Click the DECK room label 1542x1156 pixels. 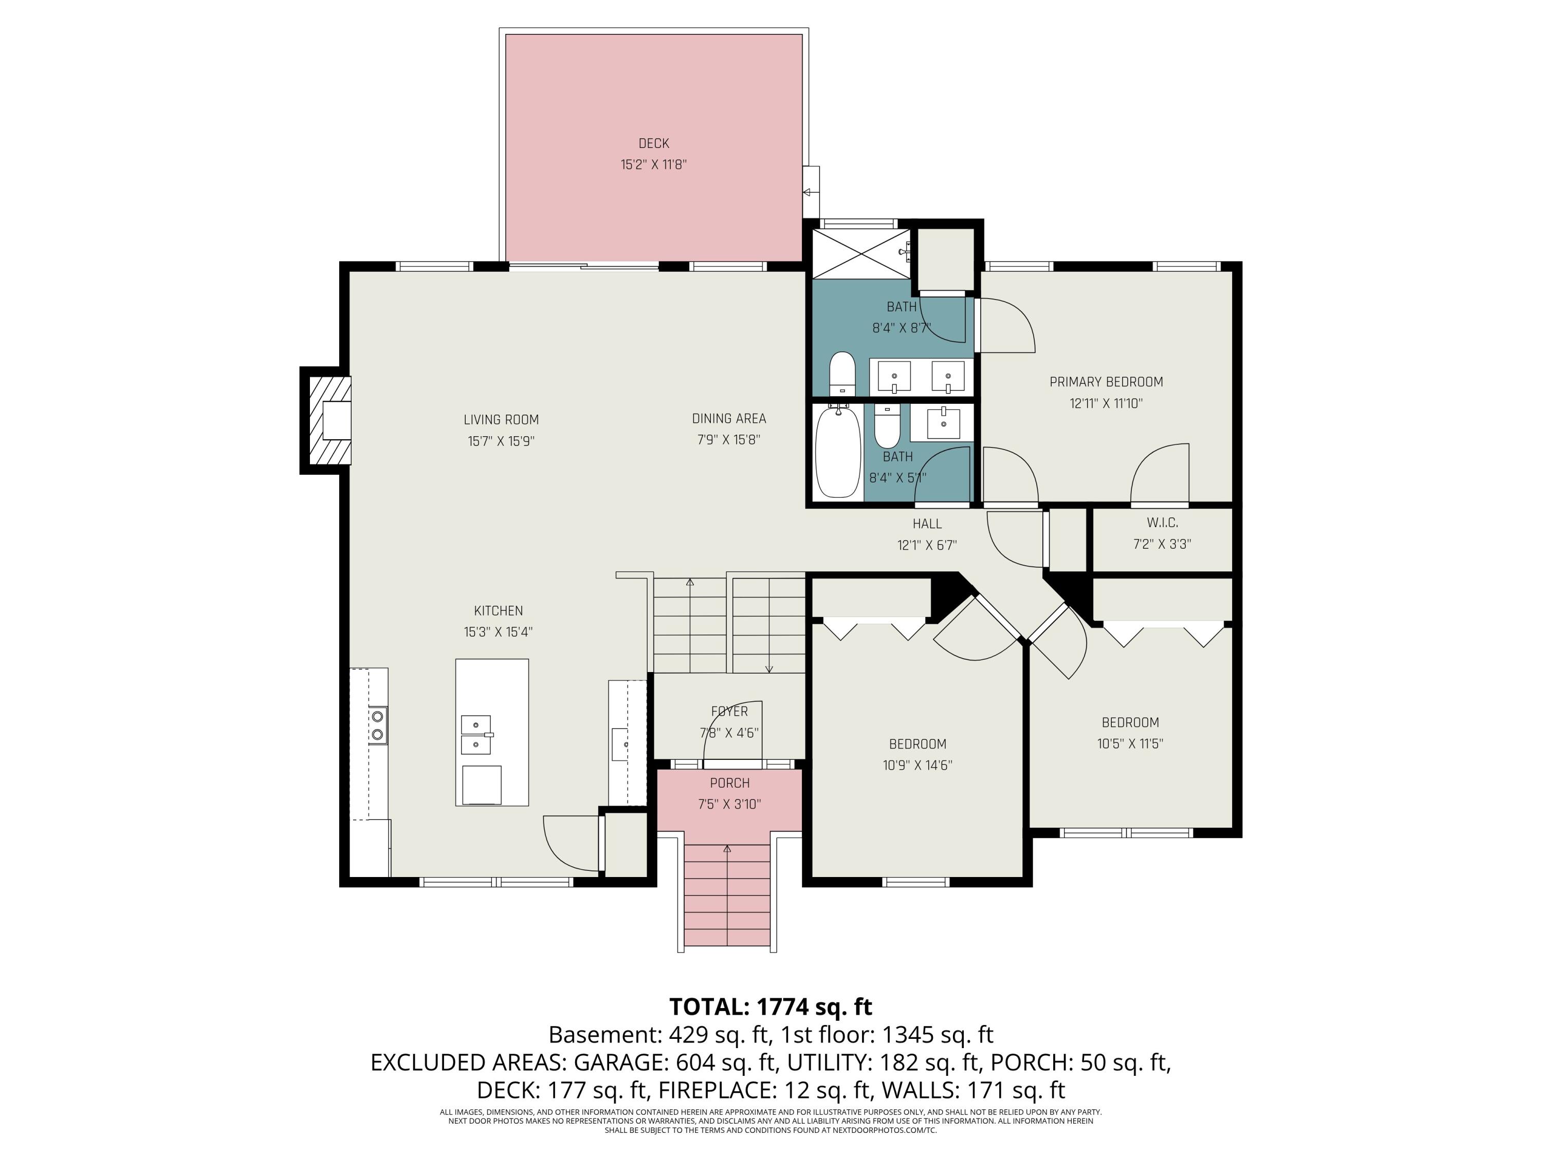(653, 143)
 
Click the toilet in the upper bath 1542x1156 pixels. (842, 374)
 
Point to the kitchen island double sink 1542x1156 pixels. (475, 734)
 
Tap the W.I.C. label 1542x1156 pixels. (1162, 523)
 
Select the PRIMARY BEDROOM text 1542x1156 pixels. (1106, 382)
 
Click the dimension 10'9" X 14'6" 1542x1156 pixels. (917, 765)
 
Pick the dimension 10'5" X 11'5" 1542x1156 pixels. (1130, 743)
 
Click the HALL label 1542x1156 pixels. (927, 524)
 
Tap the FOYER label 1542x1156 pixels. (729, 712)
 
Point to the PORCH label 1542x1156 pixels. (730, 783)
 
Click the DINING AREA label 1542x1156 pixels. (729, 419)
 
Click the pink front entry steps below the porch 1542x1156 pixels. (727, 896)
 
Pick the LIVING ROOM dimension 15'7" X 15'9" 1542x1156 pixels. (501, 441)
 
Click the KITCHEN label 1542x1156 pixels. (499, 611)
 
